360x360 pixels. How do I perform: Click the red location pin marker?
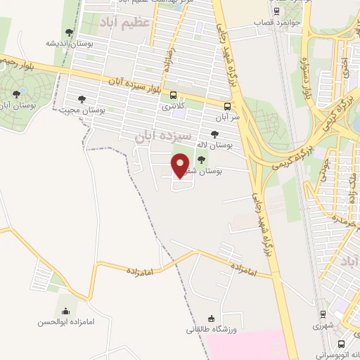[181, 165]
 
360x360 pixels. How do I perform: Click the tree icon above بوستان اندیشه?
[68, 32]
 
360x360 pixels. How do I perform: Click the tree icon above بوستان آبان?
[18, 94]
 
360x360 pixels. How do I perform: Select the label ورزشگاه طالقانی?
[210, 329]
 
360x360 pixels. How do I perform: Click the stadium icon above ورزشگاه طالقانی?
[210, 319]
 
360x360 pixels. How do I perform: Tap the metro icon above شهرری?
[323, 315]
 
